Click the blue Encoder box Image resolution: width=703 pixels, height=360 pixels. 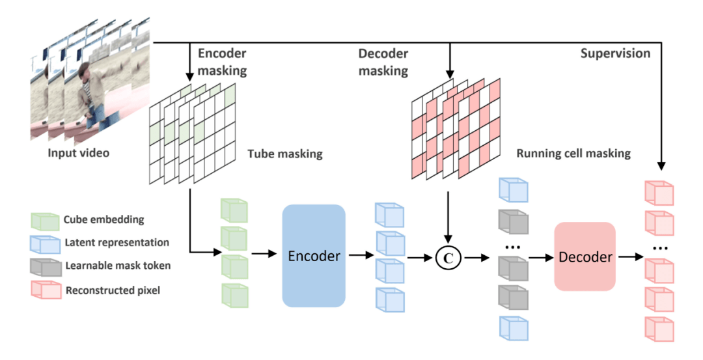click(313, 256)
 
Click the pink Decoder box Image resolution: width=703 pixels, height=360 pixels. click(585, 256)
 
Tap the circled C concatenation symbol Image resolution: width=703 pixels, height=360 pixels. click(448, 257)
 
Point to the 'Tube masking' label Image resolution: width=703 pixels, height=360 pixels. click(284, 154)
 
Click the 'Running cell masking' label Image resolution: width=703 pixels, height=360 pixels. click(573, 154)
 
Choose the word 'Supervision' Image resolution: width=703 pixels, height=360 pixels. click(614, 53)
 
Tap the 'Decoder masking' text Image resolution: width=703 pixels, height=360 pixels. click(383, 62)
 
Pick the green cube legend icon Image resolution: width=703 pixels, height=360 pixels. click(44, 221)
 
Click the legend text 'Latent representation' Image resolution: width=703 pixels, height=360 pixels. click(117, 243)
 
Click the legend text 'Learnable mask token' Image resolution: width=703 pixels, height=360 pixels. click(117, 266)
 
